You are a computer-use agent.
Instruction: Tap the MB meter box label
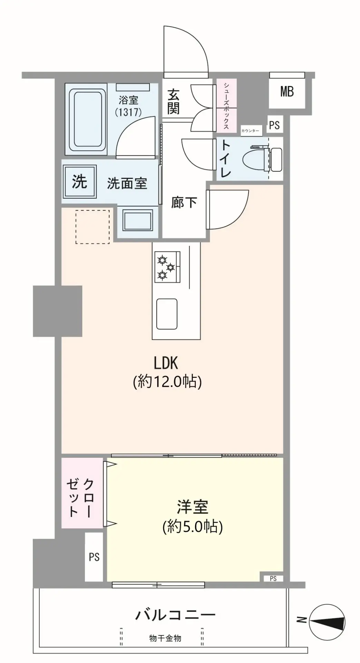(x=287, y=92)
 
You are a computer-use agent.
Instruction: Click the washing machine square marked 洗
(x=80, y=181)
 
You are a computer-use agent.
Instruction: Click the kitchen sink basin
(x=167, y=314)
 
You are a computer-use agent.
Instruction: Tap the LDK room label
(x=166, y=363)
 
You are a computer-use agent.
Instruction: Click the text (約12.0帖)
(x=167, y=382)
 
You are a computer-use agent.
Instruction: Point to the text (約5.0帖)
(x=193, y=527)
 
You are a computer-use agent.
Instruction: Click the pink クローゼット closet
(x=82, y=493)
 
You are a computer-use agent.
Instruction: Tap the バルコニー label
(x=175, y=615)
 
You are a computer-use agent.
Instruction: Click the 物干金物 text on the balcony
(x=165, y=638)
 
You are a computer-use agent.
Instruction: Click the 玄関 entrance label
(x=173, y=102)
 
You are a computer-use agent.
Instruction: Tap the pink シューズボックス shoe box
(x=227, y=106)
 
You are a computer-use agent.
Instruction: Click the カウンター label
(x=250, y=131)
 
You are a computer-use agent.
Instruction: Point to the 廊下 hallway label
(x=184, y=203)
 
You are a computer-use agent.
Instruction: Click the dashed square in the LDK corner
(x=93, y=227)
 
